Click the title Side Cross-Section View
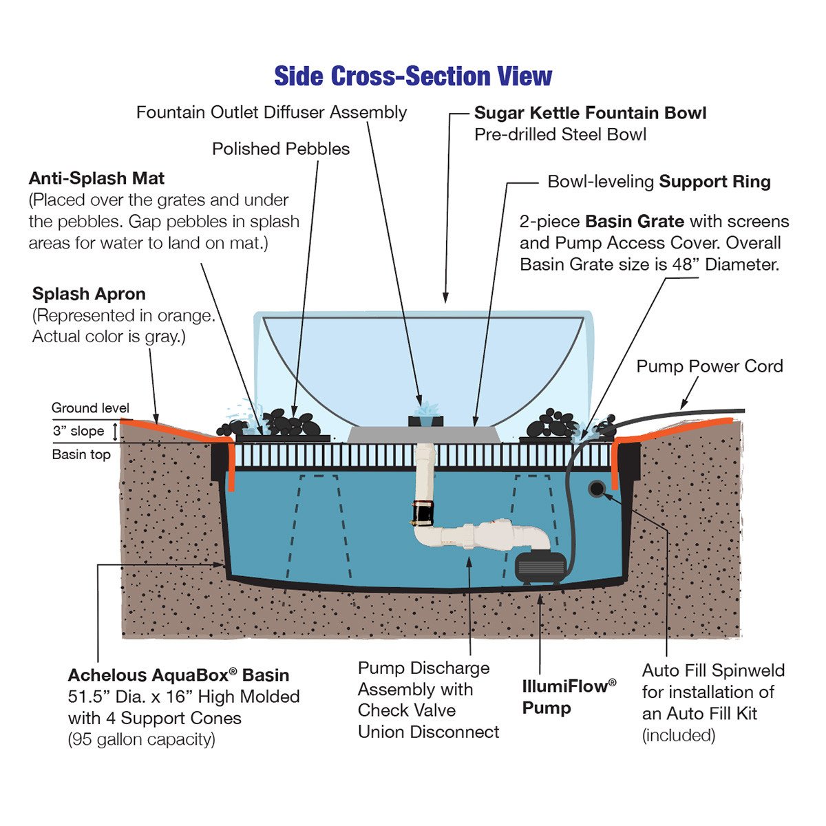click(413, 76)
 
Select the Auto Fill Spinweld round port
click(596, 489)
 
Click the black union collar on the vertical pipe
click(422, 513)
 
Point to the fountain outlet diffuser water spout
click(423, 411)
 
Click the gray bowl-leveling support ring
click(423, 434)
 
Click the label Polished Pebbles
click(281, 149)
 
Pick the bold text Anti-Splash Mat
click(96, 179)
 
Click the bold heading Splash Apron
click(89, 294)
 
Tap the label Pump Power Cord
click(709, 366)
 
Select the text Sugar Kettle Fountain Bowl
click(590, 113)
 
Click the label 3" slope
click(78, 431)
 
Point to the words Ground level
click(90, 408)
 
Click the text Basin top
click(81, 454)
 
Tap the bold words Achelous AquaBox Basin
click(178, 675)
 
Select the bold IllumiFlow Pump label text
click(569, 697)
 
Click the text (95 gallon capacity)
click(141, 740)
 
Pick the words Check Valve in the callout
click(406, 710)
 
